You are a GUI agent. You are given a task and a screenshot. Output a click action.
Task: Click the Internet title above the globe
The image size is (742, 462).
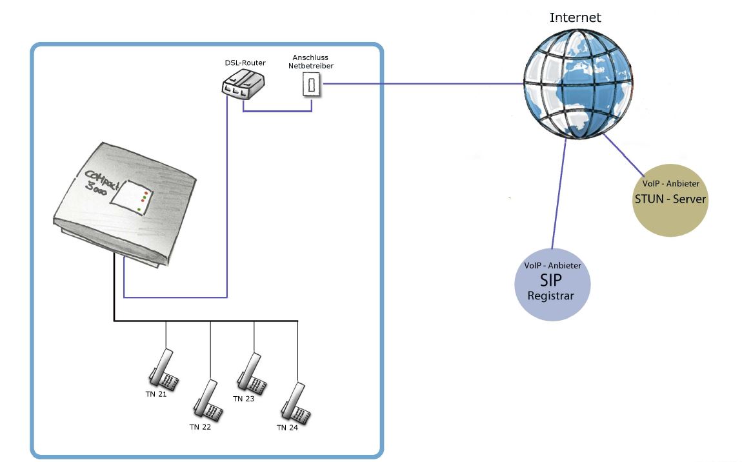(575, 17)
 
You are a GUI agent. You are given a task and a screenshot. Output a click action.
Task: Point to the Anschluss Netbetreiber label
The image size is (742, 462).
(312, 61)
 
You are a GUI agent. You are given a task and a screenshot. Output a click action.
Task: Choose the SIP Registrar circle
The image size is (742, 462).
(552, 283)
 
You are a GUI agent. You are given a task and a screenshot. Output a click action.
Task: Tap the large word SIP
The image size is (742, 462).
(551, 281)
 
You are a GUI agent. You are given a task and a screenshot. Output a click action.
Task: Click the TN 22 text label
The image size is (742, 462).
(200, 427)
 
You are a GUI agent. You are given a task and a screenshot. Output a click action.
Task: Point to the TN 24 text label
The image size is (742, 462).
(287, 428)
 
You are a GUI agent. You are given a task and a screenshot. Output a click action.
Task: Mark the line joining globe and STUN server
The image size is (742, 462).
(623, 155)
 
